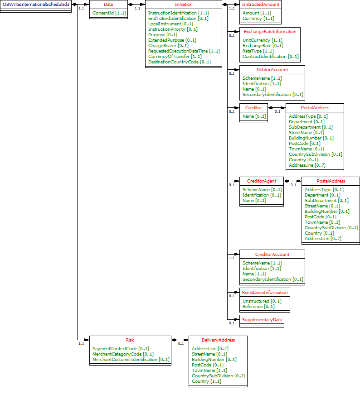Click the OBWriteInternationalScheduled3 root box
click(36, 4)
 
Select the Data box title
click(108, 4)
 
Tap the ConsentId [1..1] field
click(109, 13)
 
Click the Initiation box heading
click(183, 4)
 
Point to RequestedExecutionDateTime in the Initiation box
click(184, 51)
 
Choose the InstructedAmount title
click(260, 4)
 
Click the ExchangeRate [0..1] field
click(263, 46)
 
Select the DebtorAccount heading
click(272, 70)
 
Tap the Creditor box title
click(253, 108)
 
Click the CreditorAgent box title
click(261, 181)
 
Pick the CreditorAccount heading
click(272, 254)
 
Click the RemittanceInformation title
click(264, 293)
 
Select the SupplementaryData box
click(262, 319)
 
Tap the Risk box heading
click(130, 340)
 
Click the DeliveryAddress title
click(218, 340)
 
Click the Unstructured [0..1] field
click(262, 301)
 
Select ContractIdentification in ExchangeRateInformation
click(270, 57)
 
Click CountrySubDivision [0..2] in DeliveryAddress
click(218, 376)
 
